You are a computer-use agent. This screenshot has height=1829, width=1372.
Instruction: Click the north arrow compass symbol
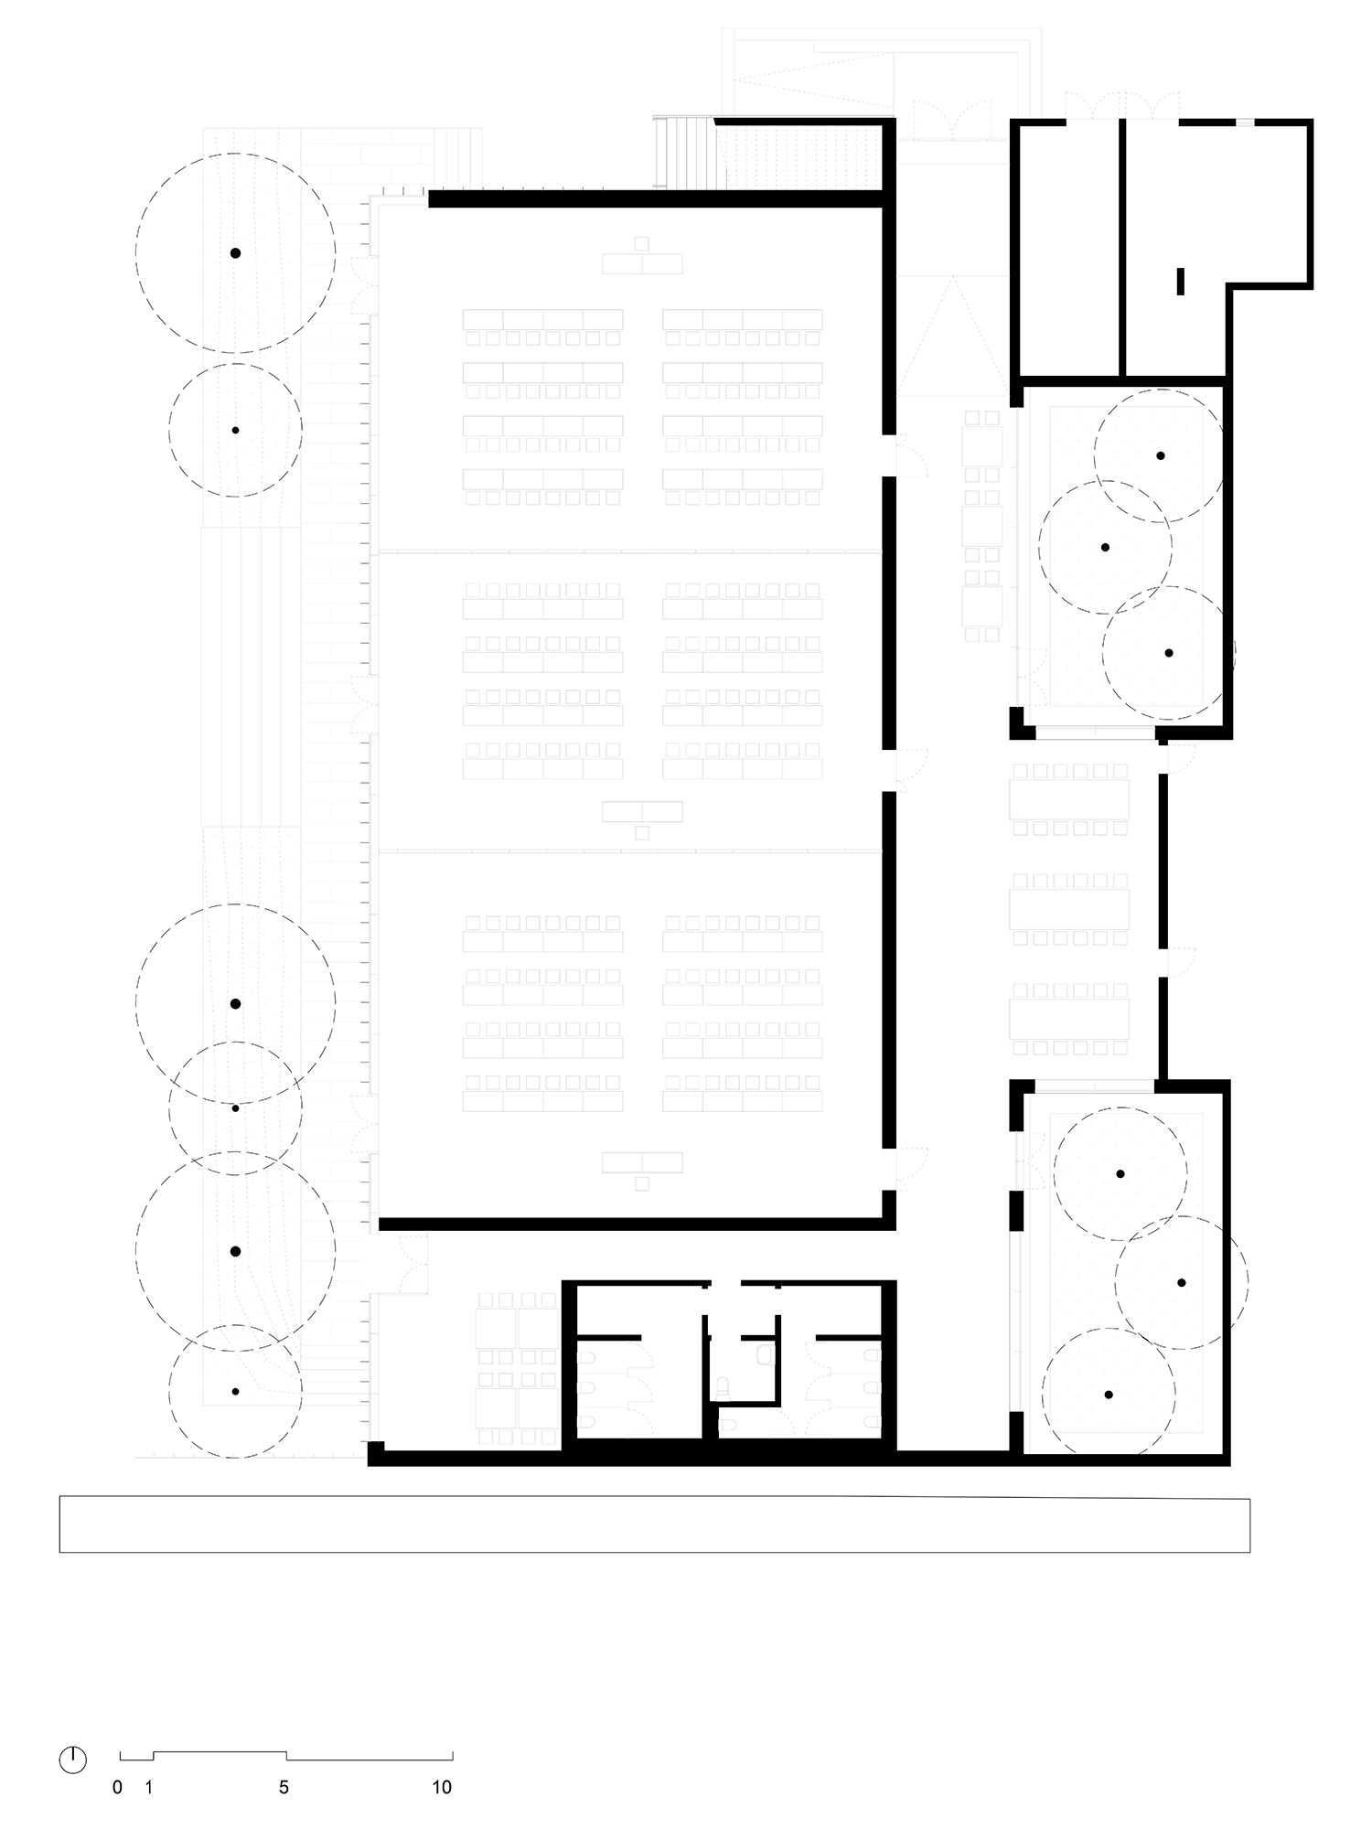[72, 1759]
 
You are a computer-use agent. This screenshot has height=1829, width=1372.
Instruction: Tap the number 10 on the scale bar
[442, 1787]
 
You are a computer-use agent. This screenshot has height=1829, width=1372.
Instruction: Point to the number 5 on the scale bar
[284, 1787]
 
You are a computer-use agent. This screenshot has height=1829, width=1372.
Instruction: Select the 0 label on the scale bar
[117, 1787]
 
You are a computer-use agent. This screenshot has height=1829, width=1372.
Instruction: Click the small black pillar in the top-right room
[1180, 281]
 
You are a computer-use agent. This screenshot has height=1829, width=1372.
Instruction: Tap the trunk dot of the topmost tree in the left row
[235, 253]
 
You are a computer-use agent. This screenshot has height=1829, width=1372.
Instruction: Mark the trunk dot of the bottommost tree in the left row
[235, 1391]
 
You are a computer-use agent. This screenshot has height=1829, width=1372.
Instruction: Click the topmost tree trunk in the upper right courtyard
[1160, 455]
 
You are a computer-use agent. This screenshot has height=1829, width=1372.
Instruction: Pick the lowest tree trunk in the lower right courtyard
[1109, 1395]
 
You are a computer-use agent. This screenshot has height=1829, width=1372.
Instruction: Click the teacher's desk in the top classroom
[642, 263]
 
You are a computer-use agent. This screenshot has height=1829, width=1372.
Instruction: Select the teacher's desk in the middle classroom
[642, 811]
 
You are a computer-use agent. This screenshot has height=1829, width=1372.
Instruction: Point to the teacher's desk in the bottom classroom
[642, 1162]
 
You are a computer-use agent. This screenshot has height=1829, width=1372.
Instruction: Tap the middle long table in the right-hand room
[1069, 909]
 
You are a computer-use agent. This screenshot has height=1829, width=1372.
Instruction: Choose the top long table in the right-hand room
[1069, 800]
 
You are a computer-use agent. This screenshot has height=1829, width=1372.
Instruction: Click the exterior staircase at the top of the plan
[686, 154]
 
